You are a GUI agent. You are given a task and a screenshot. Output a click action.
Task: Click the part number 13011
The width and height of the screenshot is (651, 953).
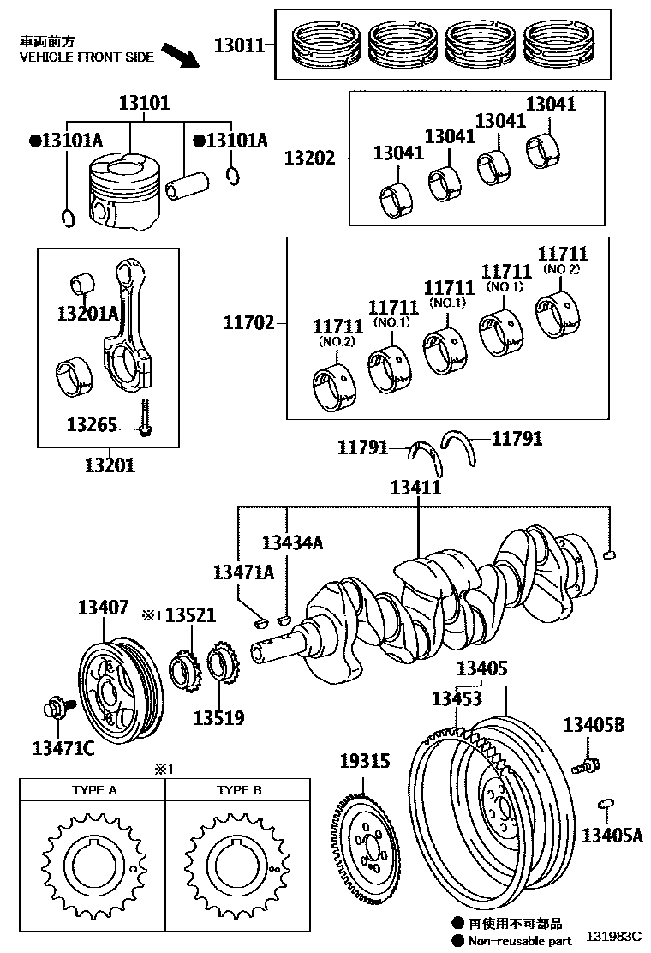(239, 45)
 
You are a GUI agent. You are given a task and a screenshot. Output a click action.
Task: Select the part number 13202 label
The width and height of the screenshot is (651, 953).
(309, 159)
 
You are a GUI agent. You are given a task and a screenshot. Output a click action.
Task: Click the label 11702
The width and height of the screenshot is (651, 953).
(249, 323)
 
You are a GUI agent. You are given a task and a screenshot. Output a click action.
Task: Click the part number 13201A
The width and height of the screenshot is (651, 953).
(88, 314)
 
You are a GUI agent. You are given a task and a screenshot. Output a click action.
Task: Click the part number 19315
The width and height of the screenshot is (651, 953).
(363, 760)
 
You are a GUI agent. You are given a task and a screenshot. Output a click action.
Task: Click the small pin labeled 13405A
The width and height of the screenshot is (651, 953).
(606, 803)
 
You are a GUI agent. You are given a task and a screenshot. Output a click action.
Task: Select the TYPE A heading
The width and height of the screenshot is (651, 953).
(93, 790)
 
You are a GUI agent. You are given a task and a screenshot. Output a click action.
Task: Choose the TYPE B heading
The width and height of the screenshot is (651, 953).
(239, 790)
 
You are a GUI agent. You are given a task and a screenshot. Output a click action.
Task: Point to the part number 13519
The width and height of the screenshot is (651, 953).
(218, 717)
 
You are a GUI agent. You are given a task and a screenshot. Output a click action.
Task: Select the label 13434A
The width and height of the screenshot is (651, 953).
(292, 542)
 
